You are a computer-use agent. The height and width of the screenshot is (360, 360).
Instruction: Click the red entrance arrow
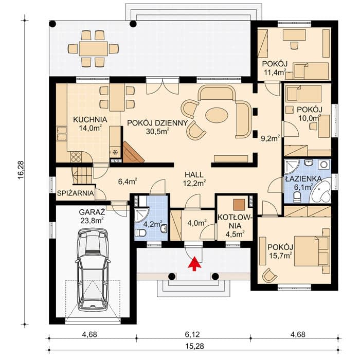click(x=195, y=264)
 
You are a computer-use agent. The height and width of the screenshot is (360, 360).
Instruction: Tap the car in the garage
click(x=92, y=269)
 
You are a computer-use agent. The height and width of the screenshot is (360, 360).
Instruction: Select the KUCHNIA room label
click(x=90, y=120)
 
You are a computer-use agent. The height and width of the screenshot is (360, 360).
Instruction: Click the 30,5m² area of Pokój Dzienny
click(x=158, y=131)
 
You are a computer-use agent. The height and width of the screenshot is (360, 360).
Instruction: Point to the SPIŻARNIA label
click(x=76, y=193)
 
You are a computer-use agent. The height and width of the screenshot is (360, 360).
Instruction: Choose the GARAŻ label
click(x=92, y=211)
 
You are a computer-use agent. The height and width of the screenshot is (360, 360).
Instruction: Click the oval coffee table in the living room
click(x=217, y=115)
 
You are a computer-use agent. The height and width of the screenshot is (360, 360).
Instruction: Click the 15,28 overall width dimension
click(x=195, y=346)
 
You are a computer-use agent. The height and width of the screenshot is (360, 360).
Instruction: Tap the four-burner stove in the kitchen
click(x=76, y=157)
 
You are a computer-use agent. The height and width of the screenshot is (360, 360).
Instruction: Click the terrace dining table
click(x=94, y=48)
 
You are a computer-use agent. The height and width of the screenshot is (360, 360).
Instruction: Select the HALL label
click(x=194, y=175)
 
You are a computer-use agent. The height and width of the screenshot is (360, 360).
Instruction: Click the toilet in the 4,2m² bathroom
click(x=140, y=233)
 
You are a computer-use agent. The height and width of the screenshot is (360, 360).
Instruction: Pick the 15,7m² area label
click(x=281, y=255)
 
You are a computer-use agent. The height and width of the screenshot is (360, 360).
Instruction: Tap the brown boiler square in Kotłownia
click(x=239, y=204)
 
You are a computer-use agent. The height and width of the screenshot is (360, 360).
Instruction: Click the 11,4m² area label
click(x=275, y=72)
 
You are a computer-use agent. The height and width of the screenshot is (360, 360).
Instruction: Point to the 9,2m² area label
click(x=270, y=138)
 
